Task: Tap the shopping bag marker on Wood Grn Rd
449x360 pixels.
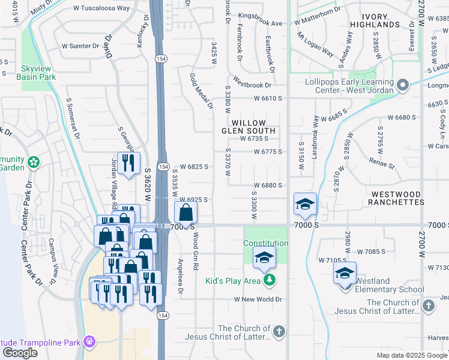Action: click(x=186, y=212)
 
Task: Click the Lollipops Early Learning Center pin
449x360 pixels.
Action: click(x=403, y=85)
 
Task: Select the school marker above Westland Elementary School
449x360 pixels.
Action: click(x=345, y=273)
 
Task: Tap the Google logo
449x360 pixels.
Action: click(x=20, y=353)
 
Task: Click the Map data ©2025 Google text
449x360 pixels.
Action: click(x=412, y=355)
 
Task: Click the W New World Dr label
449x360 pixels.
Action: click(x=258, y=299)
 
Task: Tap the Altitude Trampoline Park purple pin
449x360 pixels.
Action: click(x=90, y=341)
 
